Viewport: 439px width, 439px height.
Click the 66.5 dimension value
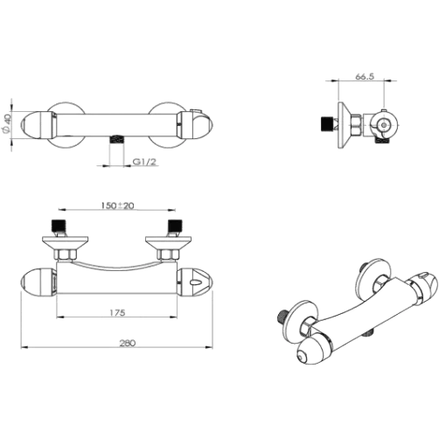[364, 76]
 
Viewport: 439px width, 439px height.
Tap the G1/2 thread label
[144, 162]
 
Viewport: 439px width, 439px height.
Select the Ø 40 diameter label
[7, 124]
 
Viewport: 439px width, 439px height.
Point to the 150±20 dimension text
[117, 206]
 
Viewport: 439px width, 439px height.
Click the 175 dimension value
[117, 312]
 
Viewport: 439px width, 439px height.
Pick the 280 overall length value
[128, 343]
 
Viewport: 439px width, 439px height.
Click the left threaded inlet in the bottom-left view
[59, 226]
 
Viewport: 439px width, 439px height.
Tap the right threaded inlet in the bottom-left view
[175, 226]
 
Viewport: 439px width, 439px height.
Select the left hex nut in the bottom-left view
[66, 254]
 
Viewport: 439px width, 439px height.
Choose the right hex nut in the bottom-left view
[168, 254]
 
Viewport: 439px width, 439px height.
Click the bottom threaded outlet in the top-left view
[117, 139]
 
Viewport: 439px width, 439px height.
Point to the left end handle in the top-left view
[38, 125]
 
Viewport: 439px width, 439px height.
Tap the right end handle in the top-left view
[195, 125]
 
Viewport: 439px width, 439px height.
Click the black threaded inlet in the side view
[327, 123]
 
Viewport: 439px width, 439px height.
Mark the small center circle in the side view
[384, 125]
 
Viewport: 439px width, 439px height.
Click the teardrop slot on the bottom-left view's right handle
[195, 282]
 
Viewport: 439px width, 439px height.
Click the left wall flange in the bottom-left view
[66, 243]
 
